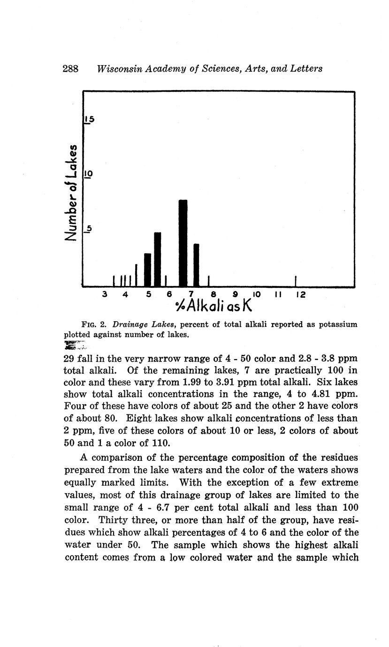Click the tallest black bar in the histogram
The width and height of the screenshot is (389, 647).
[183, 243]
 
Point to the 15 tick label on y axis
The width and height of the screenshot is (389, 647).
[89, 120]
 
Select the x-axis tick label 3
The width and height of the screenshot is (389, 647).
[105, 294]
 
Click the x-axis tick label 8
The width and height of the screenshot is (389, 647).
[214, 294]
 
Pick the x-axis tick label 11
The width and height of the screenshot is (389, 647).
[278, 294]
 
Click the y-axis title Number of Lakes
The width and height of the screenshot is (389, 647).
[72, 192]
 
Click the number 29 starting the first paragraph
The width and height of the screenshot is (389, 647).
[69, 359]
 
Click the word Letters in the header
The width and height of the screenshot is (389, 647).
[306, 68]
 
